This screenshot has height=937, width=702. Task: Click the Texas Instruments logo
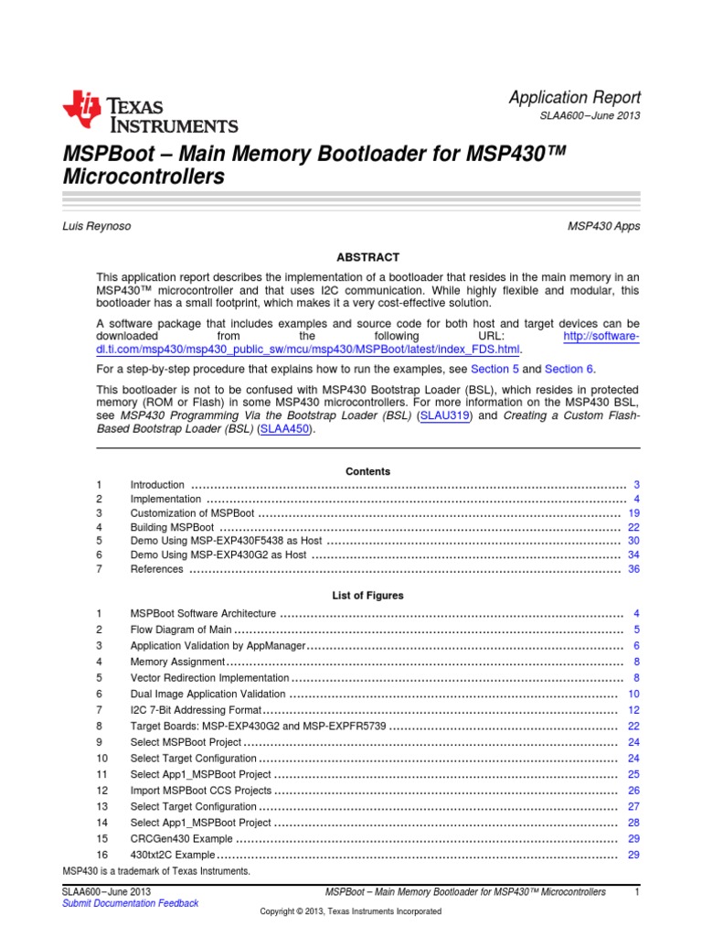click(150, 112)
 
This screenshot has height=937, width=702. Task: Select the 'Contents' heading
click(367, 471)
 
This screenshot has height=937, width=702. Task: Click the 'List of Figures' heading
click(367, 595)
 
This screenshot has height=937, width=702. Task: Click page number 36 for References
click(633, 569)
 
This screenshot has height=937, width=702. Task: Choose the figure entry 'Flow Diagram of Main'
click(181, 630)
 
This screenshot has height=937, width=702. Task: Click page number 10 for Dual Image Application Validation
click(633, 694)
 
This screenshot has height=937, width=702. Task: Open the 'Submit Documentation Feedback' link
click(130, 903)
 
